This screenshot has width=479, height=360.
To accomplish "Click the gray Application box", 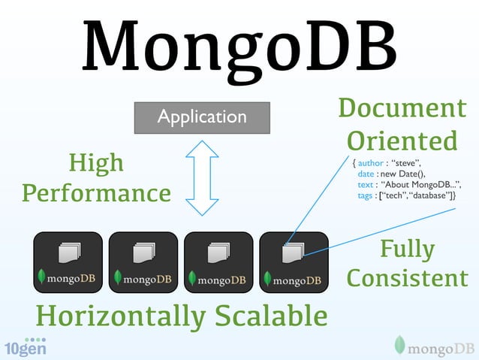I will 201,117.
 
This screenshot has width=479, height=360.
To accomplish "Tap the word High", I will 96,164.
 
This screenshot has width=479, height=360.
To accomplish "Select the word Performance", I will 96,194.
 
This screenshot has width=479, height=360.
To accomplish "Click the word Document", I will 402,109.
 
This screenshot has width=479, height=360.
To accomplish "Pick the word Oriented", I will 402,141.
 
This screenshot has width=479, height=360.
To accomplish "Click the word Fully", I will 407,249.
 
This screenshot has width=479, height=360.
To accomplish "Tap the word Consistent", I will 407,279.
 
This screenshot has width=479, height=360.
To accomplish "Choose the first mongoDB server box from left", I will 68,262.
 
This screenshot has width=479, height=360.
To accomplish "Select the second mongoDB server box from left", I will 143,262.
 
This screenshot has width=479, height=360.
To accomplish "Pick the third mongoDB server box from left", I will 218,262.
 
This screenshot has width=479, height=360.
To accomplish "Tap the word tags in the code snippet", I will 367,196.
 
